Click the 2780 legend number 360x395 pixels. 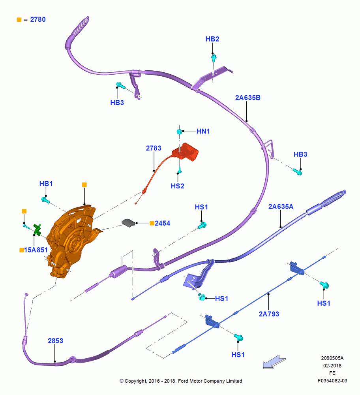[x=38, y=20]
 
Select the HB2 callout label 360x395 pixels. [x=212, y=39]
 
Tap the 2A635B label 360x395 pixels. [x=248, y=98]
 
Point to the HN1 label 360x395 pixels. [x=203, y=131]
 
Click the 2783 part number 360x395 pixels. [x=154, y=148]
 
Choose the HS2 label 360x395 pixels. [x=178, y=186]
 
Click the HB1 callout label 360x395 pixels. [x=46, y=184]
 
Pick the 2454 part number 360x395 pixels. [x=162, y=224]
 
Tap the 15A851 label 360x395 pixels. [x=36, y=250]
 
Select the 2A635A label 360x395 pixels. [x=281, y=207]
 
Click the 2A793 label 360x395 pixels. [x=269, y=314]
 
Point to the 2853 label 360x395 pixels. [x=55, y=341]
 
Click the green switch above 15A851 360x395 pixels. [x=37, y=229]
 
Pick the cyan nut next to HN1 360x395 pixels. [x=179, y=132]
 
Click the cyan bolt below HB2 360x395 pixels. [x=214, y=58]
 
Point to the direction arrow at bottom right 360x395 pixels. [x=274, y=362]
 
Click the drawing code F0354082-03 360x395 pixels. [x=332, y=381]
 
